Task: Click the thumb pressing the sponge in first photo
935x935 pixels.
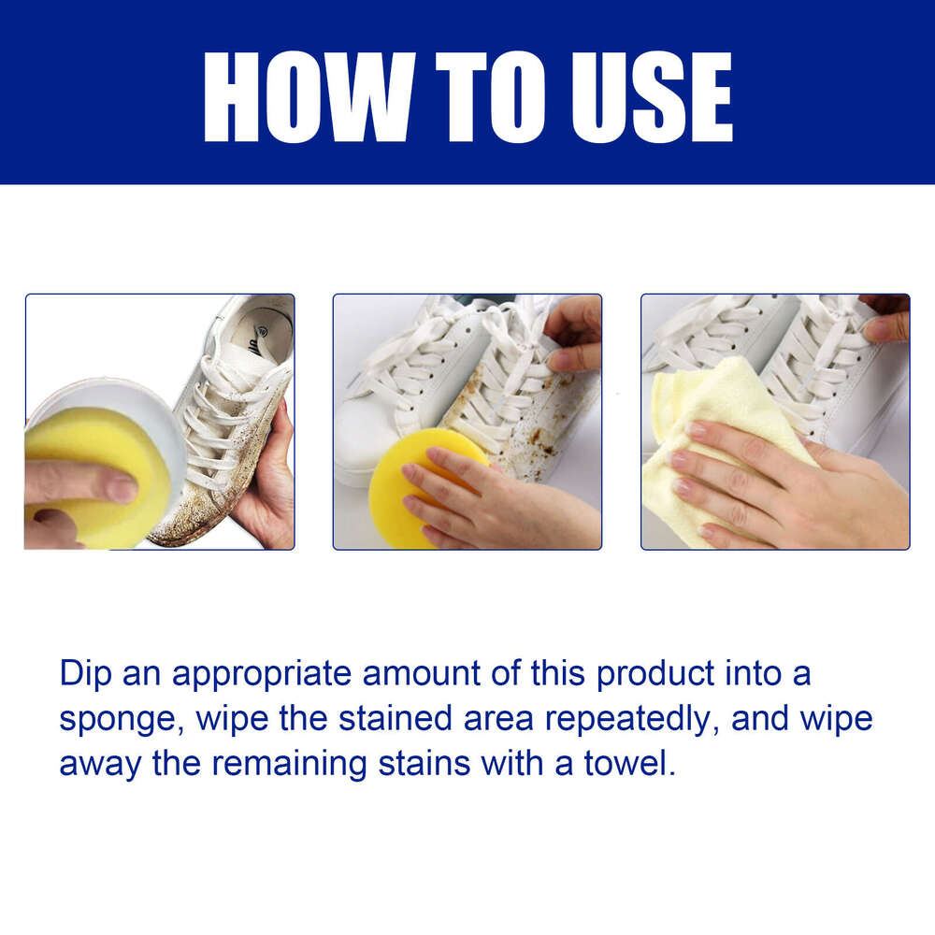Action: pyautogui.click(x=84, y=482)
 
